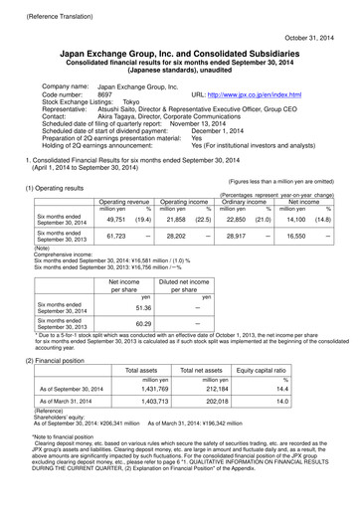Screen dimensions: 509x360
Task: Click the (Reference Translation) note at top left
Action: tap(44, 7)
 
